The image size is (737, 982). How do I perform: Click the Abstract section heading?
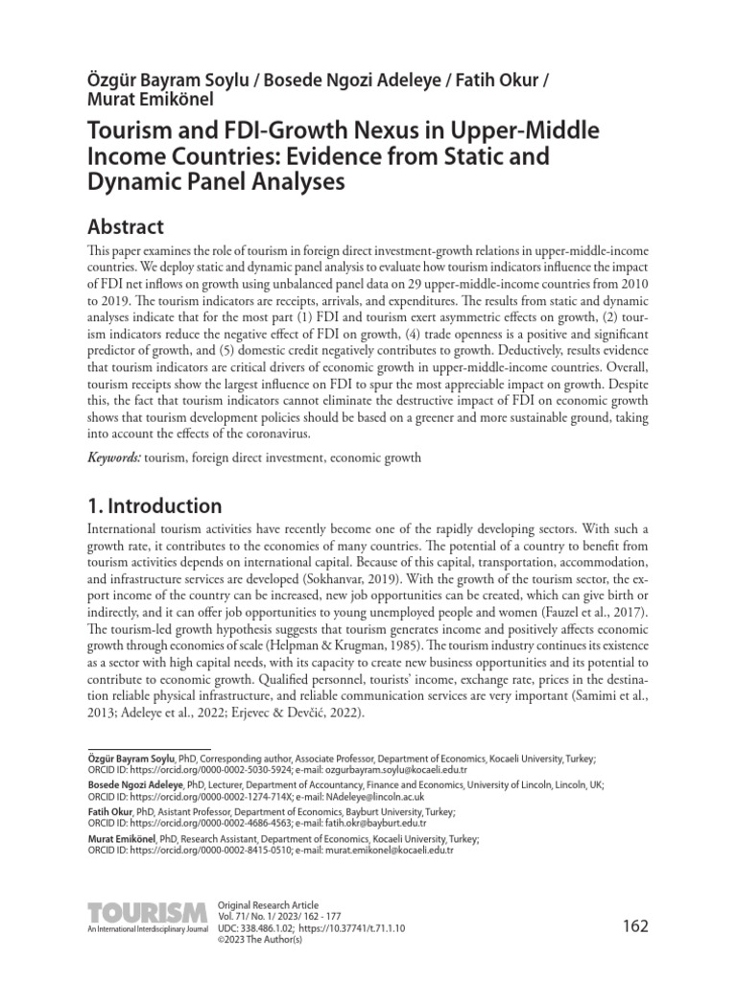(126, 226)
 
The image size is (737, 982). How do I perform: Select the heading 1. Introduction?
(155, 505)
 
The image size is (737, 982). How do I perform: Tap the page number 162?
(635, 925)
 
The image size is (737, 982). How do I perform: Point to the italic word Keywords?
(113, 458)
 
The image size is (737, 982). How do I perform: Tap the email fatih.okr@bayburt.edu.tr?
(368, 823)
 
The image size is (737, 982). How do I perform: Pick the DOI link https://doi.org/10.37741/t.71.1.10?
(352, 929)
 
